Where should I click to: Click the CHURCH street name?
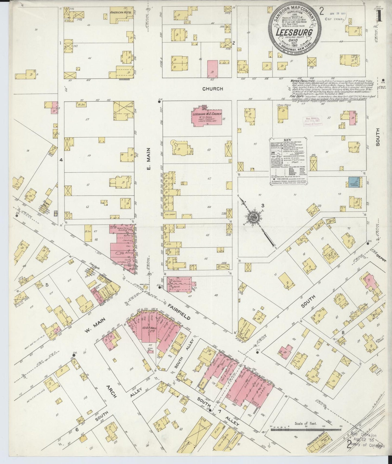[x=213, y=89]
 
